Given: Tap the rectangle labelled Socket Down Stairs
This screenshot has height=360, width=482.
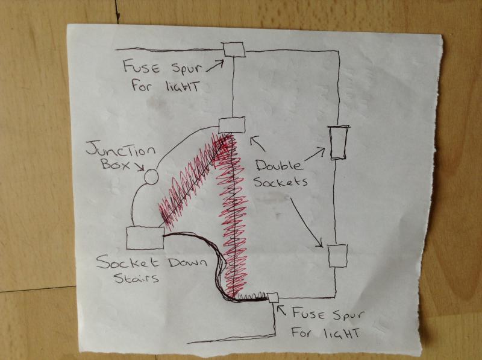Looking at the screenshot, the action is coord(145,237).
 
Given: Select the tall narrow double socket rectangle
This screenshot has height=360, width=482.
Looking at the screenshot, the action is coord(337,142).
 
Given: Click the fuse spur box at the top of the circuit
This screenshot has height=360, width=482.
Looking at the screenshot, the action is coord(233,49).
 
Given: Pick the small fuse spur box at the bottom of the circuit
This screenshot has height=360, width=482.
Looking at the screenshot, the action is coord(272,297).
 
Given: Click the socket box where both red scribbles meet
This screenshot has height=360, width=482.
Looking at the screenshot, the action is coord(231,125).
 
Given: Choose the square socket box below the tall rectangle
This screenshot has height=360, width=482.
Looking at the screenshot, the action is coord(337,255).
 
